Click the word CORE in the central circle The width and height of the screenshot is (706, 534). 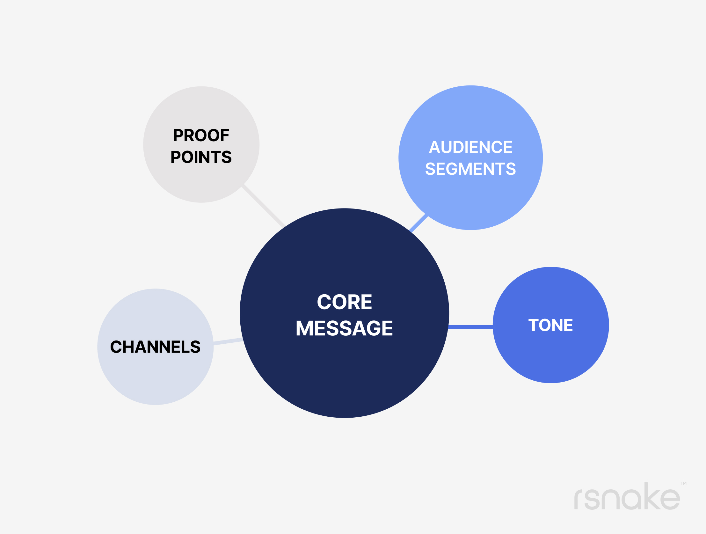[344, 302]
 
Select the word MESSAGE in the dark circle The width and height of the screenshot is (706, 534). [344, 328]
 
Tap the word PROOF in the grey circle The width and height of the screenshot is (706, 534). [201, 135]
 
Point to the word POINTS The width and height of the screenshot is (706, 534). [201, 157]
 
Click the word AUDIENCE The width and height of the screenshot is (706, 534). [470, 148]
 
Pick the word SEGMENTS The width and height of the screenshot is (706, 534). [470, 169]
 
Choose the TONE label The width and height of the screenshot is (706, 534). [550, 325]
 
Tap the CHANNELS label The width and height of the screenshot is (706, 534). [156, 347]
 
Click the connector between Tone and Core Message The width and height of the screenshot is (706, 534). [471, 327]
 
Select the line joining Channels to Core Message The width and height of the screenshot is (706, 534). [228, 341]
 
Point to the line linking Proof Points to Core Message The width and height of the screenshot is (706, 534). [264, 206]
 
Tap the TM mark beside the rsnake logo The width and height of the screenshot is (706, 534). [683, 484]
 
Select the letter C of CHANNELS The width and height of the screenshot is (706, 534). [116, 347]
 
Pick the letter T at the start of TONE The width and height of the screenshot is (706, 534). [534, 325]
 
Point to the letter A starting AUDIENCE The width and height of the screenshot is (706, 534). [435, 148]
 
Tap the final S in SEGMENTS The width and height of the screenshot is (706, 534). [511, 169]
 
